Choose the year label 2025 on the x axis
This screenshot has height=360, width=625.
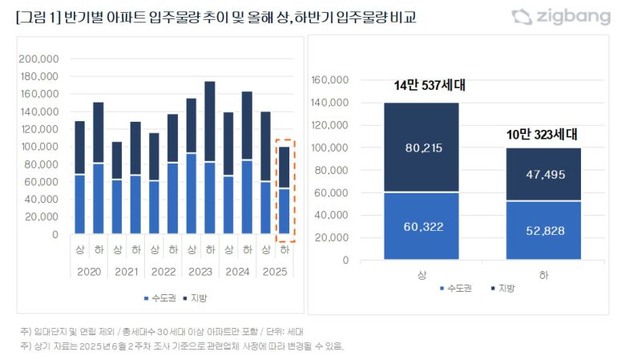[276, 272]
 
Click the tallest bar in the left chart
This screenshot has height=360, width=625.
[209, 160]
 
